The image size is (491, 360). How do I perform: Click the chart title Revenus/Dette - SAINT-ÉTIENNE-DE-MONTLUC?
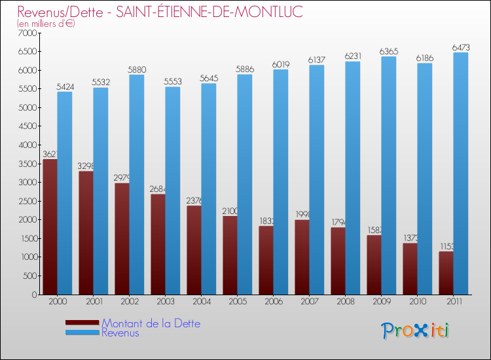tap(160, 12)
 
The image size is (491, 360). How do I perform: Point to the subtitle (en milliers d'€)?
tap(46, 24)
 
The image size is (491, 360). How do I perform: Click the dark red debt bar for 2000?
tap(50, 226)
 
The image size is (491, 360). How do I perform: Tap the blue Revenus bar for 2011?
tap(461, 173)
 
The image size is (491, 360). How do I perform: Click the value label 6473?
tap(461, 48)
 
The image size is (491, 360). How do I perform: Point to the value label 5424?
tap(65, 86)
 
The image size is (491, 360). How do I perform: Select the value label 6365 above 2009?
tap(389, 51)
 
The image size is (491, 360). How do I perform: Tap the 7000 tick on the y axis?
tap(28, 33)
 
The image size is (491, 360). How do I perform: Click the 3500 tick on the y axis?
tap(28, 164)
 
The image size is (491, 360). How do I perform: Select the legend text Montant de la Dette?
tap(151, 323)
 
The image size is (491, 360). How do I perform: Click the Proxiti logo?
tap(416, 331)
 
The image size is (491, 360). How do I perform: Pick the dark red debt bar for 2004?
tap(194, 250)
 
